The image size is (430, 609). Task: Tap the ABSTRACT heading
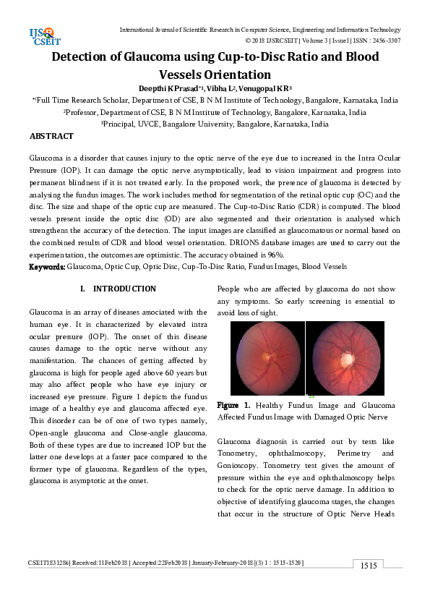[51, 136]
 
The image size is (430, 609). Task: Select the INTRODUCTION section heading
[124, 289]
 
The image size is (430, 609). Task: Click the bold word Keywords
[47, 267]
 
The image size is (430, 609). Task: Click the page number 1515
[369, 566]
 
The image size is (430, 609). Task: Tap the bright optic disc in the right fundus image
[347, 358]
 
